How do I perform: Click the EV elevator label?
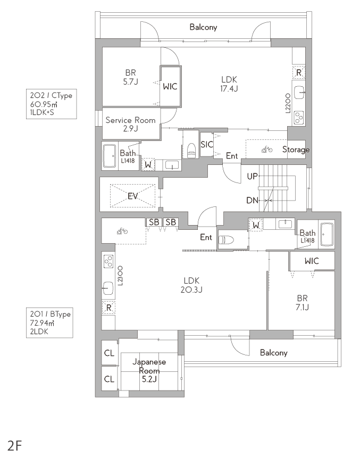point(132,196)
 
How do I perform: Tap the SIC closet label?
point(207,144)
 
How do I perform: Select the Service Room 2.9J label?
point(130,124)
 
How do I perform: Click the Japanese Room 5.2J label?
point(149,370)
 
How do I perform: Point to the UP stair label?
point(252,176)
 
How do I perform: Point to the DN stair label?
point(252,200)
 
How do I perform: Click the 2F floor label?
point(15,446)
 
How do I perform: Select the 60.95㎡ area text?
point(44,104)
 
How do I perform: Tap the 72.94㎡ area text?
point(42,323)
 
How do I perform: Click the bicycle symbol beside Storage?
point(267,149)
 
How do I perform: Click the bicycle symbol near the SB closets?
point(122,231)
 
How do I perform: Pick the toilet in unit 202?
point(191,150)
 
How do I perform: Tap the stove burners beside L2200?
point(298,118)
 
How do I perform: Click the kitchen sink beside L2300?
point(108,288)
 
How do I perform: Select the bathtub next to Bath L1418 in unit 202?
point(110,156)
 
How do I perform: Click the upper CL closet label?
point(109,353)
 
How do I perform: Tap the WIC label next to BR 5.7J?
point(170,86)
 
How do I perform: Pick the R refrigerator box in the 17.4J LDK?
point(299,72)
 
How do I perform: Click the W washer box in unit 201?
point(256,225)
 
